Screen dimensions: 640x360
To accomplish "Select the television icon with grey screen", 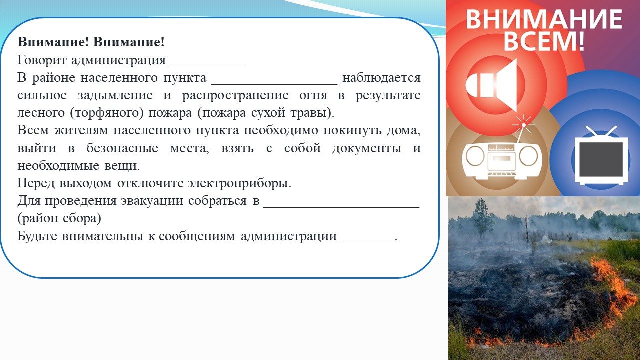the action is tap(601, 158).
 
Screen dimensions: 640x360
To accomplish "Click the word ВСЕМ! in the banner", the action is tap(544, 41).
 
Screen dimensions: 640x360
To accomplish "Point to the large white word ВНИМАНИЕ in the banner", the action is tap(544, 19).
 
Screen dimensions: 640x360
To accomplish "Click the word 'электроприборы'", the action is tap(239, 183).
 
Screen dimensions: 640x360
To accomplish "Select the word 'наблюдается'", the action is tap(381, 77).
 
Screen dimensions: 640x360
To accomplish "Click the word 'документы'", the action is tap(367, 148).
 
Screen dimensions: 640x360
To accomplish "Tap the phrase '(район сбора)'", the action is tap(59, 219).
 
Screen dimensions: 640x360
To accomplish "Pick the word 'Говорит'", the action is tap(42, 60).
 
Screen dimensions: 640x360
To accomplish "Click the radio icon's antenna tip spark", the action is tap(523, 125).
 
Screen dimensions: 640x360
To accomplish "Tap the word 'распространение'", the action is tap(235, 95).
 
